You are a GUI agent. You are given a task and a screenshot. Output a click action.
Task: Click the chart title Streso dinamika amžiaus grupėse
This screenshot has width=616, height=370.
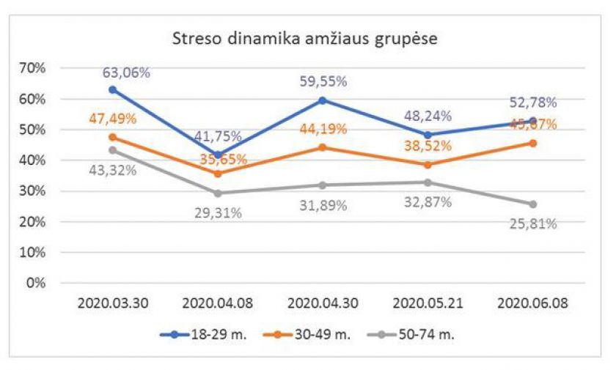[304, 38]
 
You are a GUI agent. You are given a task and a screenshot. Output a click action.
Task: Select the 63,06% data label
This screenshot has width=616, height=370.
[126, 73]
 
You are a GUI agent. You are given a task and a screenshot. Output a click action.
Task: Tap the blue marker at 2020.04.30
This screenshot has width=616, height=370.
[323, 100]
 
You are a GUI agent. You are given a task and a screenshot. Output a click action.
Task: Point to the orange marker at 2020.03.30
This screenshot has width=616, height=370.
[112, 137]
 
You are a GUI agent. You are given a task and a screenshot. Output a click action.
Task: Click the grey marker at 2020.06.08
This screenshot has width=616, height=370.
[533, 204]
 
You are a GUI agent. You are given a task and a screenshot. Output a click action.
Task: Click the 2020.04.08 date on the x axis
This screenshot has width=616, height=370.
[218, 303]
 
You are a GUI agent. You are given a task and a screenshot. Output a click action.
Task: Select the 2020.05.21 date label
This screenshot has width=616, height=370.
[428, 303]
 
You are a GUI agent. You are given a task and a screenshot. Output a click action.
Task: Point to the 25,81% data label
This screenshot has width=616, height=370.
[532, 224]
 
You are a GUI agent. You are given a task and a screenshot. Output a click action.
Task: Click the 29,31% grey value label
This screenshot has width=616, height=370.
[218, 213]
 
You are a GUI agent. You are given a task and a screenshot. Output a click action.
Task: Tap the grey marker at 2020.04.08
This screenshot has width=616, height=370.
[218, 193]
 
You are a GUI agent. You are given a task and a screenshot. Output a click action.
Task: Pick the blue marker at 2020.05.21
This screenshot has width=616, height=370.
[428, 135]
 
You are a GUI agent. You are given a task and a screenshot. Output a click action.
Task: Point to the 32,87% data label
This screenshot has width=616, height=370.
[428, 203]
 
